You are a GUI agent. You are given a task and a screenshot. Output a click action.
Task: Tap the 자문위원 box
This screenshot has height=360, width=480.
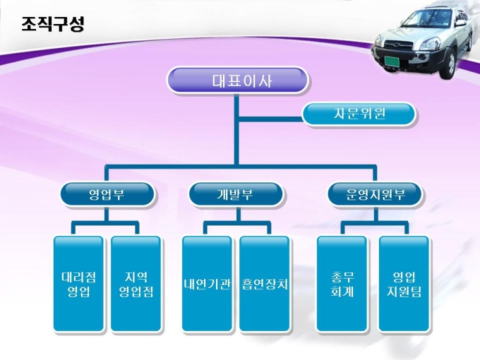click(359, 114)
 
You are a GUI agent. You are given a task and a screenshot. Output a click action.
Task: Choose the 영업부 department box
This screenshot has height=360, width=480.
click(107, 194)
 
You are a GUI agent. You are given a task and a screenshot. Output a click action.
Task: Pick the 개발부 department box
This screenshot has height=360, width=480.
click(236, 194)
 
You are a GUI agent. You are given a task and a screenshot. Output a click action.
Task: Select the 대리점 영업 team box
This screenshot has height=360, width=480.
click(78, 284)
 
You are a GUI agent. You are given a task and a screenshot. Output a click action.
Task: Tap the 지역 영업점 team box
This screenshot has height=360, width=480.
click(136, 284)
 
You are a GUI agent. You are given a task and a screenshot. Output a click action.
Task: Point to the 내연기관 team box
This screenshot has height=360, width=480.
click(207, 284)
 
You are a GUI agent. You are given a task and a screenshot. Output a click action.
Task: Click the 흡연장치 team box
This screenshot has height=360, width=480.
click(265, 284)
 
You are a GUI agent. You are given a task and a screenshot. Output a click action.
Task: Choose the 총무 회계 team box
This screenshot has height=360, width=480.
click(342, 284)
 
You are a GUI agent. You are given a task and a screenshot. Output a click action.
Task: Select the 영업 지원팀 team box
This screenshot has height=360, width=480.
click(403, 284)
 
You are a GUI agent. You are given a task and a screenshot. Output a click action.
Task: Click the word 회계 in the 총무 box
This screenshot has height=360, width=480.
click(342, 291)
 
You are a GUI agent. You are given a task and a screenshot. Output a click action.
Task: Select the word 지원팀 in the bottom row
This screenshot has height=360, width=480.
click(403, 291)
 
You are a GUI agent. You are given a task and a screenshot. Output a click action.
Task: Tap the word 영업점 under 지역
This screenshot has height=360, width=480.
click(136, 291)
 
